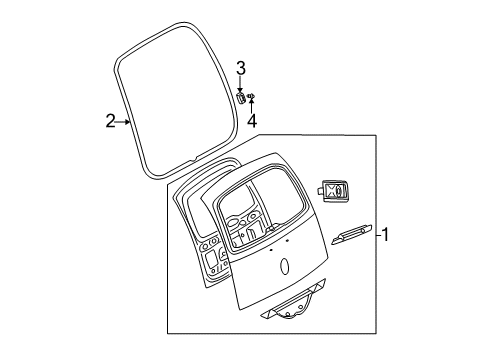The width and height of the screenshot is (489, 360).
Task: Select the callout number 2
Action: click(x=111, y=122)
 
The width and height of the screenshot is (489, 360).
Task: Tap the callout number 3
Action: click(x=240, y=68)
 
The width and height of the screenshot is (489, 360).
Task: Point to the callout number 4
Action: click(x=252, y=121)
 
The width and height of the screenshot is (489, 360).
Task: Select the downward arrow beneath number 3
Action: click(x=240, y=86)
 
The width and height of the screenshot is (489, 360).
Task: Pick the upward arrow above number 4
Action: click(x=252, y=104)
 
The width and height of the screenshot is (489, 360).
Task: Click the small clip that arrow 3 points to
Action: click(x=241, y=97)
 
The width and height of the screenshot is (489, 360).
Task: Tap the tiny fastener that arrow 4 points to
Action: click(x=252, y=96)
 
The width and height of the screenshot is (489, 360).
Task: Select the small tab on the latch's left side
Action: click(x=322, y=190)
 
